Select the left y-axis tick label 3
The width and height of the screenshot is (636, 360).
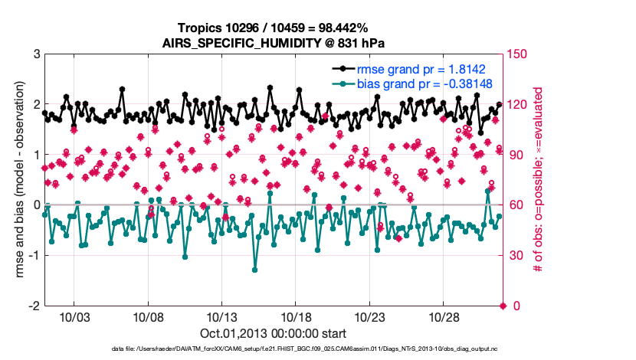coord(36,54)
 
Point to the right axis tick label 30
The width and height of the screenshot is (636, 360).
coord(516,255)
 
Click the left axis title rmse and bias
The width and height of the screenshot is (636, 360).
coord(17,180)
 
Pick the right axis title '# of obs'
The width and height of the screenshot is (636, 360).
coord(539,180)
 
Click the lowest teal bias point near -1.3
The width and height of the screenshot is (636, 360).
coord(254,270)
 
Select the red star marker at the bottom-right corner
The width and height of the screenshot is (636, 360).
coord(503,306)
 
